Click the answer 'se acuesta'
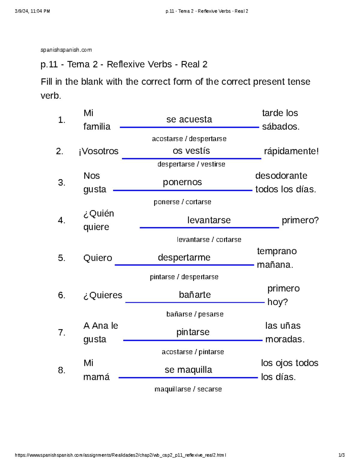point(189,119)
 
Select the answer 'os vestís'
point(191,151)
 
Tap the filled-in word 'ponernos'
point(182,182)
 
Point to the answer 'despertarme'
point(184,257)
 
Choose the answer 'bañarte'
point(195,295)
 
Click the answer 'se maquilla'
point(188,370)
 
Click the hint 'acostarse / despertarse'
point(189,139)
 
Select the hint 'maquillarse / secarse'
point(188,389)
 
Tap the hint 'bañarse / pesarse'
point(195,314)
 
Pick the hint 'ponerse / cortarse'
point(182,202)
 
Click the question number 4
point(61,220)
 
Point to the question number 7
point(61,332)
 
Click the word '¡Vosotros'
point(98,151)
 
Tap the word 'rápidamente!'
point(291,151)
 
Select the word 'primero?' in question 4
point(300,220)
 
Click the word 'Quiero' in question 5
point(97,258)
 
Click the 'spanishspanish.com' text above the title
point(66,50)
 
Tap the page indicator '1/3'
point(341,455)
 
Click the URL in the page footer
point(120,455)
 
